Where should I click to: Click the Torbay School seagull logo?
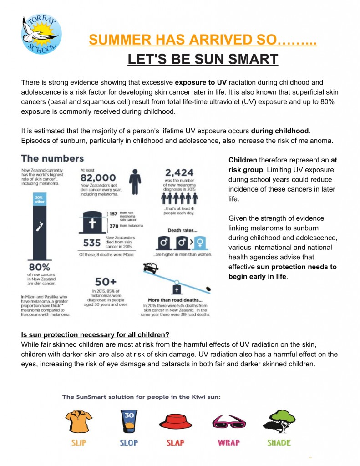(41, 34)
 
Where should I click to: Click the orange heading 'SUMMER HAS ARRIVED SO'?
(203, 40)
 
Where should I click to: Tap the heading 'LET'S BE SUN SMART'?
(203, 59)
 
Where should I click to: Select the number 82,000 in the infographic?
(98, 177)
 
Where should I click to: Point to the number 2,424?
(179, 173)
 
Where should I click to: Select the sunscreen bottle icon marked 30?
(128, 420)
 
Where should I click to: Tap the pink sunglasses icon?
(228, 423)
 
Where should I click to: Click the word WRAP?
(228, 442)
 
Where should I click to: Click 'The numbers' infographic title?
(52, 158)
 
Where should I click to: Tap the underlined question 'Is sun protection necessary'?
(95, 334)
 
